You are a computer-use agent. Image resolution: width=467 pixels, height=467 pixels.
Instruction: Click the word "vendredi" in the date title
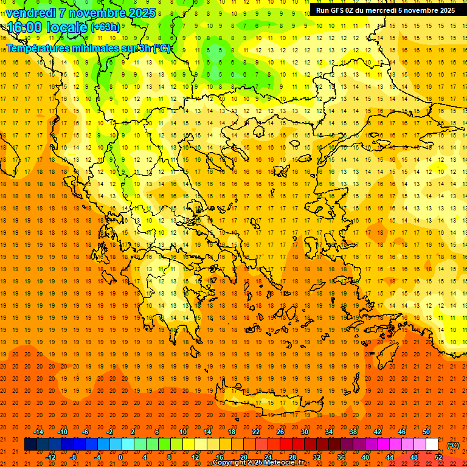[x=31, y=13]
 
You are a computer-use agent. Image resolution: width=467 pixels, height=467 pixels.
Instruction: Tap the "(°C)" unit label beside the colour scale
[x=453, y=445]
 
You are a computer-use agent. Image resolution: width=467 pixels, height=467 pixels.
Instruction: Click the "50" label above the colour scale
[x=426, y=432]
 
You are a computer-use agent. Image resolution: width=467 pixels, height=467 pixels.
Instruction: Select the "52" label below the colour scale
[x=438, y=457]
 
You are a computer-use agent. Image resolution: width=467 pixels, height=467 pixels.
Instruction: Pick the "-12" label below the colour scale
[x=50, y=457]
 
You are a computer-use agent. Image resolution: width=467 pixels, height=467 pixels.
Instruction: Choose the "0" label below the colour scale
[x=120, y=457]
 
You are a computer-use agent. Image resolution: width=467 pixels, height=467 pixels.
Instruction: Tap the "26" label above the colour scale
[x=280, y=432]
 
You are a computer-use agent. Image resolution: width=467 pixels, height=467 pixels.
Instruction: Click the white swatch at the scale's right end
[x=432, y=445]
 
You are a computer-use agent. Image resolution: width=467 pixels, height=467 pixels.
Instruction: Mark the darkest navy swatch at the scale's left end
[x=30, y=445]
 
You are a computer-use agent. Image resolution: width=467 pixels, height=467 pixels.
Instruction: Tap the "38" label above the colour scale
[x=353, y=432]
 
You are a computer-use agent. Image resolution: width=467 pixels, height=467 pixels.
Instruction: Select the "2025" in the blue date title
[x=142, y=13]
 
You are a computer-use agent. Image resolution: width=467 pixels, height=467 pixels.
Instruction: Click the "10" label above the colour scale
[x=182, y=432]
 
